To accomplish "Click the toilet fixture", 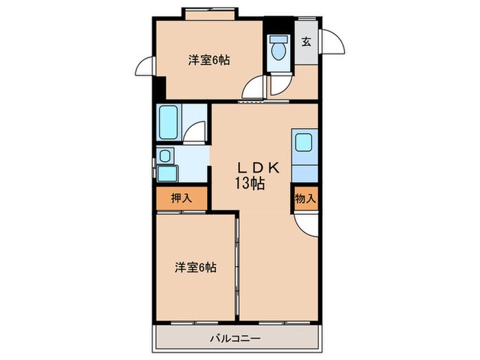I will click(278, 49).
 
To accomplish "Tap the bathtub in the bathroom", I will click(168, 122).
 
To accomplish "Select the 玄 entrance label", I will click(306, 41).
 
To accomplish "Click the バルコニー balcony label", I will click(235, 337).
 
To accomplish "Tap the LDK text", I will click(259, 167).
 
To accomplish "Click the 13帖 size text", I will click(252, 183).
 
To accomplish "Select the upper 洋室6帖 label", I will click(208, 60).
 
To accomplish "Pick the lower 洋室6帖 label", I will click(195, 267).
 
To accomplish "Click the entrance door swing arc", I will click(334, 43).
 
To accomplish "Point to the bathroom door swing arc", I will click(197, 132).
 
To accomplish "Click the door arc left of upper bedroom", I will click(145, 67).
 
